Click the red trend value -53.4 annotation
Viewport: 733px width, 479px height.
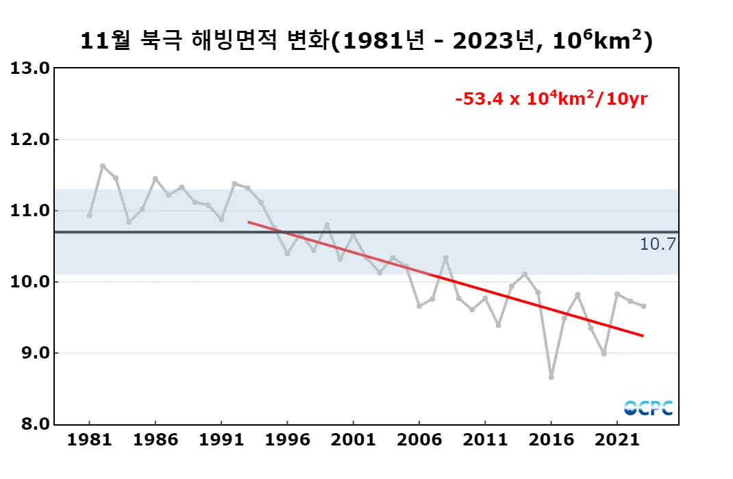click(x=551, y=99)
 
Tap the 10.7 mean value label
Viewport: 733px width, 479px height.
click(x=657, y=244)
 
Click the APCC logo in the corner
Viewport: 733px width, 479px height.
click(x=648, y=408)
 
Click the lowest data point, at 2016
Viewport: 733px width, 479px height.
click(x=551, y=377)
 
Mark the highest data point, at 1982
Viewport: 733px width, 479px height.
click(x=103, y=166)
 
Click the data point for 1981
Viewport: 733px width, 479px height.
click(x=90, y=216)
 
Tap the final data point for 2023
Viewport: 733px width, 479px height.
click(x=643, y=306)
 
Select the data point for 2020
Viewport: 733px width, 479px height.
click(x=604, y=354)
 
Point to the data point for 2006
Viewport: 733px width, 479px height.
click(x=419, y=306)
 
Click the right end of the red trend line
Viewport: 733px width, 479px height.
click(x=643, y=335)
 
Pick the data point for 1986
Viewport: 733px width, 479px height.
click(x=156, y=179)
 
